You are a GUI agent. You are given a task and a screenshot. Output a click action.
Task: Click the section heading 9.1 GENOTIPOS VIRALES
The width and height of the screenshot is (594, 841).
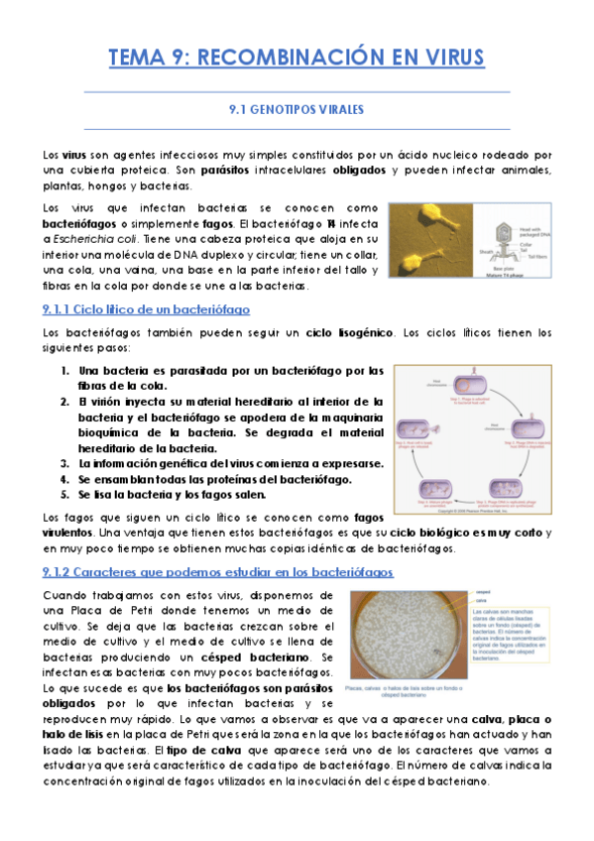coord(297,109)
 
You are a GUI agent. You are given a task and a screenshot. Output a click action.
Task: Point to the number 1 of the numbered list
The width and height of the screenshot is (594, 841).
coord(65,371)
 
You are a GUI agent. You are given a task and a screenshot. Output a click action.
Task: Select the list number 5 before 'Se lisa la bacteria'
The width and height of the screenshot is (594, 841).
coord(65,494)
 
